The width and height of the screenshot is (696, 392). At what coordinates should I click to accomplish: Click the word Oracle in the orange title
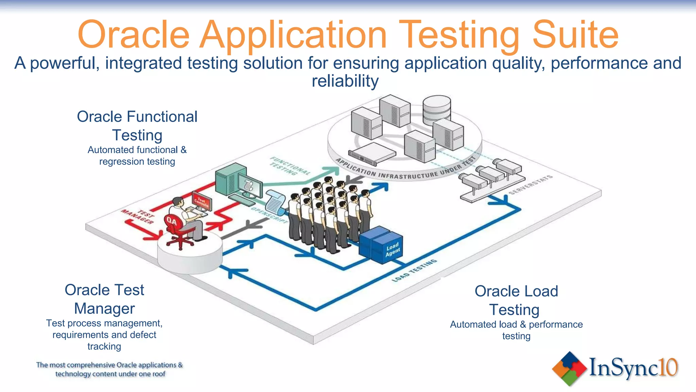pyautogui.click(x=133, y=35)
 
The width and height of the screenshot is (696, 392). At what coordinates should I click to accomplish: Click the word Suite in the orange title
pyautogui.click(x=575, y=35)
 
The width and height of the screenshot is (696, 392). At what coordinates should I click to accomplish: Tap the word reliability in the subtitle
pyautogui.click(x=345, y=81)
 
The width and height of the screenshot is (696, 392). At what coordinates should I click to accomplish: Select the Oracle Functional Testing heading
pyautogui.click(x=137, y=126)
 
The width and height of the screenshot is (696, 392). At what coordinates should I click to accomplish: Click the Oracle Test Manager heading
pyautogui.click(x=104, y=299)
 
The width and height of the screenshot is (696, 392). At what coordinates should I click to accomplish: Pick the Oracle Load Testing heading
pyautogui.click(x=516, y=300)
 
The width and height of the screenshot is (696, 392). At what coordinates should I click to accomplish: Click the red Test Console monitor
pyautogui.click(x=202, y=201)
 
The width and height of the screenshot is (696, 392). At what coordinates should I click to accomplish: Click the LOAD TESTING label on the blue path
pyautogui.click(x=414, y=271)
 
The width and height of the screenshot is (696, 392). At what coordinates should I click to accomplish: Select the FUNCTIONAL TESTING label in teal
pyautogui.click(x=290, y=166)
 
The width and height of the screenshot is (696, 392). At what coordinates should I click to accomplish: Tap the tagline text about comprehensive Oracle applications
pyautogui.click(x=109, y=369)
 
